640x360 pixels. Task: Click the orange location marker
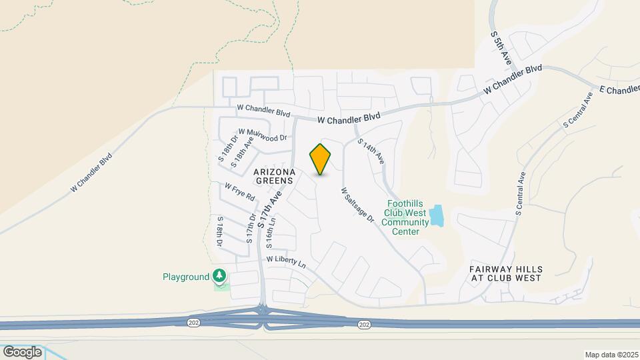point(321,159)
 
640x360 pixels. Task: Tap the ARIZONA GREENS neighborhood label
point(273,176)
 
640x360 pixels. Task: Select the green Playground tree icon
point(219,275)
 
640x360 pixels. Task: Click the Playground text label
point(186,277)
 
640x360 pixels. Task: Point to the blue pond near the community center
point(437,215)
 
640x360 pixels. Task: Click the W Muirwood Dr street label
point(262,135)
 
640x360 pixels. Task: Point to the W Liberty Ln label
point(286,261)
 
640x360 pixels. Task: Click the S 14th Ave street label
point(371,151)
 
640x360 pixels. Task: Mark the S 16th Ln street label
point(271,227)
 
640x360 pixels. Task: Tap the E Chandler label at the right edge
point(619,89)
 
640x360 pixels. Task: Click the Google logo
point(22,351)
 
